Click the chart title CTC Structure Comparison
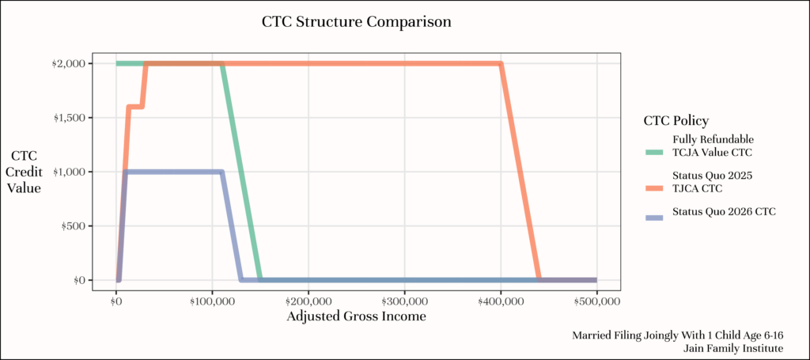click(357, 23)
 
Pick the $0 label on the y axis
click(80, 280)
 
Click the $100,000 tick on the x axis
click(212, 300)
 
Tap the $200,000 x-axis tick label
click(308, 300)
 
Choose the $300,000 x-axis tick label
click(404, 300)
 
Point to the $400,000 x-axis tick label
click(501, 300)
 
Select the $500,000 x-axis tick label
click(596, 300)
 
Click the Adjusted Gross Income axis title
click(357, 316)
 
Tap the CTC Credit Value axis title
click(26, 172)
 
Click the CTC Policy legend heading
click(676, 121)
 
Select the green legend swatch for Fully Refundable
click(654, 153)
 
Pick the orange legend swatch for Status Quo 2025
click(654, 188)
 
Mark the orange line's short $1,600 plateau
click(135, 107)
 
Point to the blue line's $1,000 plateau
click(173, 172)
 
